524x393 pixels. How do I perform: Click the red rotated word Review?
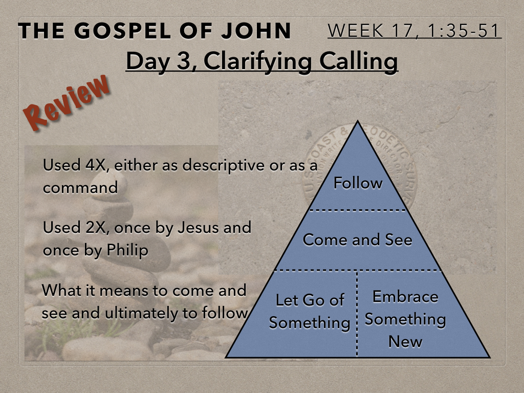pyautogui.click(x=67, y=102)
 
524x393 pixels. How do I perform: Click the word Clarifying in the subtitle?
pyautogui.click(x=257, y=62)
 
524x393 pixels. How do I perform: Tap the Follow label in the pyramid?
pyautogui.click(x=358, y=183)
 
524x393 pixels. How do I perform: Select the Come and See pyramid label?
pyautogui.click(x=357, y=239)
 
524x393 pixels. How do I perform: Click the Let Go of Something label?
pyautogui.click(x=310, y=312)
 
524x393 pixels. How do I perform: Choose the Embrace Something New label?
pyautogui.click(x=405, y=319)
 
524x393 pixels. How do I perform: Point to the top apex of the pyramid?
pyautogui.click(x=358, y=121)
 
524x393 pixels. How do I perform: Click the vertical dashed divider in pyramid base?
pyautogui.click(x=357, y=314)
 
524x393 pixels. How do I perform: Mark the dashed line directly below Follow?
pyautogui.click(x=358, y=210)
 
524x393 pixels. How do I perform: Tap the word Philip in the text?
pyautogui.click(x=127, y=250)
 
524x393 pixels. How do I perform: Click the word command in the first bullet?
pyautogui.click(x=80, y=187)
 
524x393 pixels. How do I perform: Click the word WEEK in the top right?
pyautogui.click(x=355, y=31)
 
